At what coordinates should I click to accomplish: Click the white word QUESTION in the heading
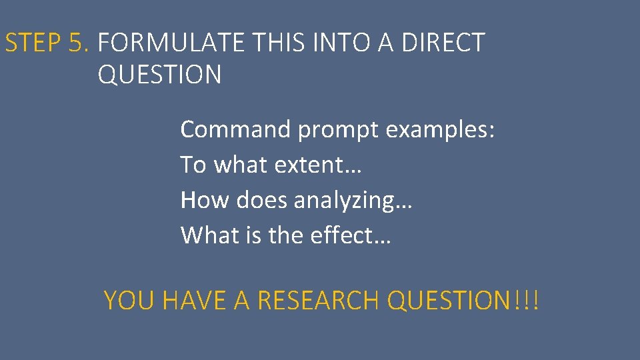[x=159, y=75]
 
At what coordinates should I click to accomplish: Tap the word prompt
[x=338, y=130]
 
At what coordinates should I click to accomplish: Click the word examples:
[x=441, y=130]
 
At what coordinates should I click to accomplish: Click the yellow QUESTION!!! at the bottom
[x=463, y=301]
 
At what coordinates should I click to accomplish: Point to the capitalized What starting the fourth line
[x=206, y=235]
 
